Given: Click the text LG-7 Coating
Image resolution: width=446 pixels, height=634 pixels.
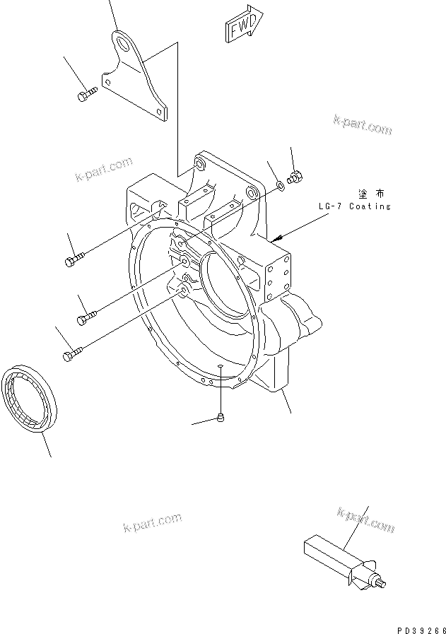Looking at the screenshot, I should pos(354,206).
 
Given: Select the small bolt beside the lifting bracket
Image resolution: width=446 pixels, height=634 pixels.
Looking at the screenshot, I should pos(86,93).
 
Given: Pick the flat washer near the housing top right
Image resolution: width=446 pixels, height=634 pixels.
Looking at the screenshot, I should pos(281,185).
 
